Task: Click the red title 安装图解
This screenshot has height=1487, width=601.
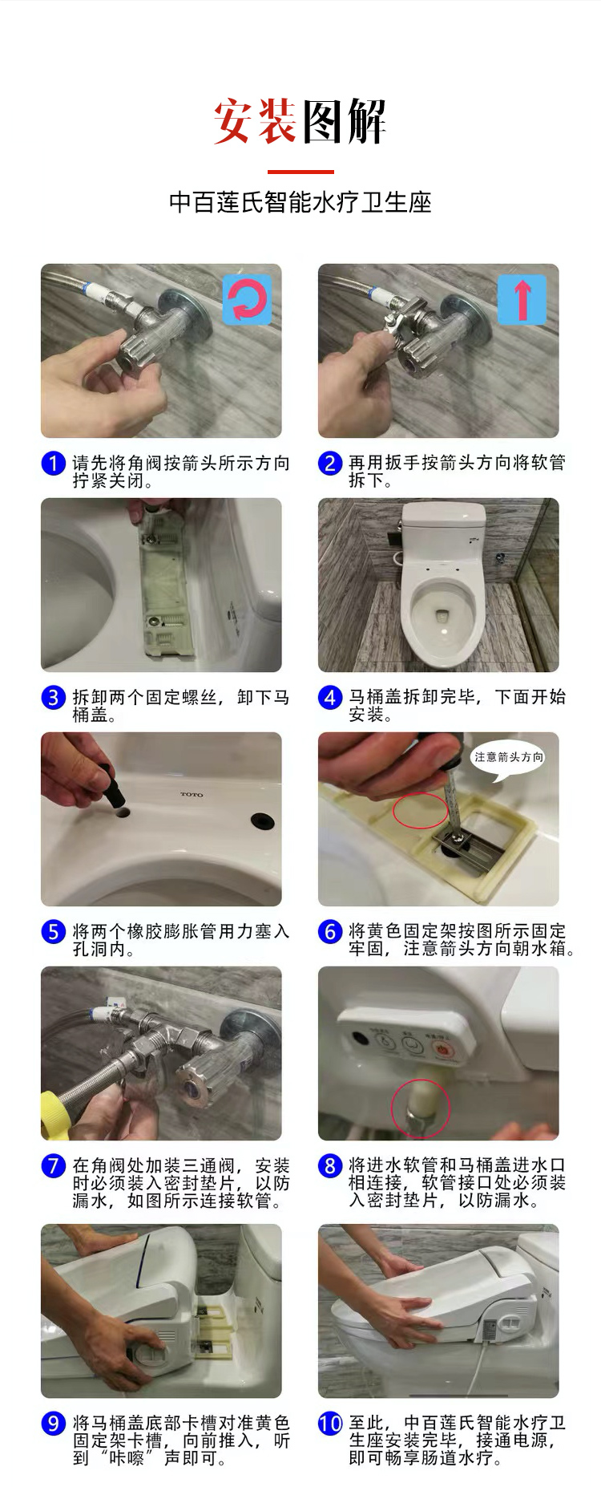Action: (300, 122)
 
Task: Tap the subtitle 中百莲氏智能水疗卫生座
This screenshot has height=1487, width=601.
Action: (300, 202)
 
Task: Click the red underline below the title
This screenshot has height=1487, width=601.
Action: (300, 172)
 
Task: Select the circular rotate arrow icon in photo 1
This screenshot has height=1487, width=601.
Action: (247, 299)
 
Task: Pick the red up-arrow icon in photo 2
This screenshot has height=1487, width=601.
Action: (522, 299)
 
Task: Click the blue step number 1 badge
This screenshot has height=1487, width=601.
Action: (53, 464)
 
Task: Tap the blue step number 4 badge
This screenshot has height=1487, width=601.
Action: (330, 698)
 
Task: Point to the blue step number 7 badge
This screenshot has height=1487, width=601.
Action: (53, 1166)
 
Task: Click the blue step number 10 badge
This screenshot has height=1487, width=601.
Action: (330, 1424)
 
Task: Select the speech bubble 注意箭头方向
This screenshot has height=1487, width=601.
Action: (508, 757)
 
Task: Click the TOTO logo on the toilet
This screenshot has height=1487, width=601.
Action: (192, 795)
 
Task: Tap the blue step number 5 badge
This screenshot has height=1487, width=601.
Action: (53, 932)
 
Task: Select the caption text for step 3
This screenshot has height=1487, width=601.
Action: (181, 706)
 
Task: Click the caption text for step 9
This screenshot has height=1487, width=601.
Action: (181, 1440)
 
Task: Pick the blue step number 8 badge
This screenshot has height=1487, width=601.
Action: (330, 1166)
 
